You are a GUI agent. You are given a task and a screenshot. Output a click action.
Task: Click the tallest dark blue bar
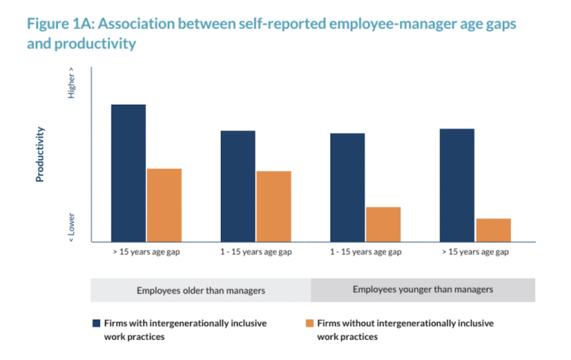[129, 173]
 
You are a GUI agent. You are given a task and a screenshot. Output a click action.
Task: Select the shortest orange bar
[493, 230]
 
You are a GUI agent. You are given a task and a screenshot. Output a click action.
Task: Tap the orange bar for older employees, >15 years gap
[164, 205]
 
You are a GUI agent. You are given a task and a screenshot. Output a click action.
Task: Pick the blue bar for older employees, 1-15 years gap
[238, 186]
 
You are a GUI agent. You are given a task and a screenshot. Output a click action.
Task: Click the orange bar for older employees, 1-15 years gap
[274, 206]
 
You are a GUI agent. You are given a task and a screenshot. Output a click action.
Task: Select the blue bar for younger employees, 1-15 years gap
[347, 187]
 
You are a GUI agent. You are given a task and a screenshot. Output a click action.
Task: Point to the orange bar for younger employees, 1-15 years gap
[383, 224]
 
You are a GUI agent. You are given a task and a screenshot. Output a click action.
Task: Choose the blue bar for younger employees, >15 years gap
[457, 185]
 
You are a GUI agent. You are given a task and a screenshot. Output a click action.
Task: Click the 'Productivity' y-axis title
[40, 154]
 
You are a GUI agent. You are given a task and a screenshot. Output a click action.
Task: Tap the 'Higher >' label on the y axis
[71, 85]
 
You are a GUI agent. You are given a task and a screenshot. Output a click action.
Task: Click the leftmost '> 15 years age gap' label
[146, 252]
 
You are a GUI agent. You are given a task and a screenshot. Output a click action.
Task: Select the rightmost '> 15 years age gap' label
[475, 252]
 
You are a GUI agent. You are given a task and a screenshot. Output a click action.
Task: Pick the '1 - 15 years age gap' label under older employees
[256, 252]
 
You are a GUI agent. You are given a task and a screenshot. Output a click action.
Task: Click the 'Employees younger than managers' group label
[422, 289]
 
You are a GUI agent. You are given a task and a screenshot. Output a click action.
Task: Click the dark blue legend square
[96, 324]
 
